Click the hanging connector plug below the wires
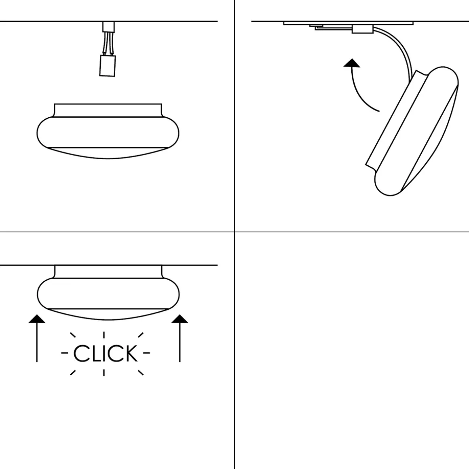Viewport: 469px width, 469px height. [x=108, y=65]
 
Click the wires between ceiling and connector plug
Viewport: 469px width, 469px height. [x=108, y=44]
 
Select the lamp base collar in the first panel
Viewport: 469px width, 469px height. [x=108, y=110]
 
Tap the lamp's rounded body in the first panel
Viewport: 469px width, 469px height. [x=108, y=132]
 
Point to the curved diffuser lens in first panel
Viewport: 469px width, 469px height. [x=108, y=153]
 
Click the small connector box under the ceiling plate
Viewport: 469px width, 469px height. [x=363, y=29]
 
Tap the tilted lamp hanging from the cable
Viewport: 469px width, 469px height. [x=412, y=131]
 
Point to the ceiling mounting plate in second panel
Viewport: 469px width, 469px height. [x=348, y=23]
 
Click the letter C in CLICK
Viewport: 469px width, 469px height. [x=80, y=353]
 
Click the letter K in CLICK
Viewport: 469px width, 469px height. [x=131, y=353]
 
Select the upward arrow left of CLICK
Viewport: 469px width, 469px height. [x=37, y=338]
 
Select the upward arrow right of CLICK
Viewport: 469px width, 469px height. [x=180, y=338]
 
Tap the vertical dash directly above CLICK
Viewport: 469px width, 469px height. [x=104, y=335]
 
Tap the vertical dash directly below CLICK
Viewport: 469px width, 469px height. [x=104, y=372]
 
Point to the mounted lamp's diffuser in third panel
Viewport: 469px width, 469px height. [x=108, y=314]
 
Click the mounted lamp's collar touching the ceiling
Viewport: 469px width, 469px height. [x=108, y=272]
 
